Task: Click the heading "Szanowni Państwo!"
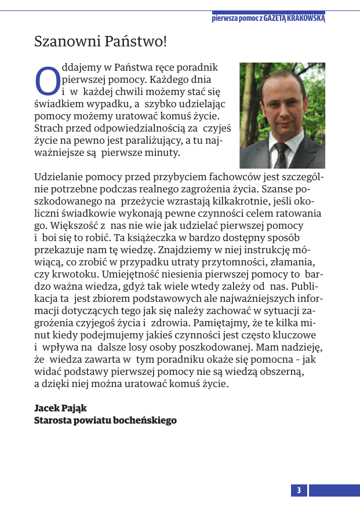coord(100,42)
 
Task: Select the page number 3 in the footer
coord(299,491)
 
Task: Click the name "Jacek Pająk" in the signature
coord(60,408)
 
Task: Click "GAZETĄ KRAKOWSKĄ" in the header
coord(294,18)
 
